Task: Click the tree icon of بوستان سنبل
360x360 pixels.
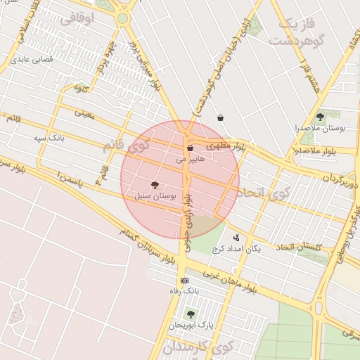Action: click(x=155, y=186)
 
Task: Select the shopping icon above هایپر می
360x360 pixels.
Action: click(x=191, y=148)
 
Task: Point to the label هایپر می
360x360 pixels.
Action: click(x=191, y=160)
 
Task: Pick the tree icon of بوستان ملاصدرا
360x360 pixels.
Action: click(x=321, y=117)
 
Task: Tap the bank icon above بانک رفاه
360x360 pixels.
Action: click(x=185, y=281)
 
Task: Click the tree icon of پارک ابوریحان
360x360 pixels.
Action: click(x=190, y=314)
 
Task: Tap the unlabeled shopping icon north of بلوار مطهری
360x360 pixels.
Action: click(x=221, y=118)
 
